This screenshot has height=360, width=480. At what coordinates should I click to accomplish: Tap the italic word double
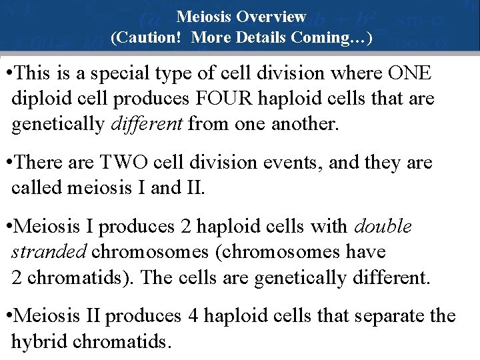coord(383,227)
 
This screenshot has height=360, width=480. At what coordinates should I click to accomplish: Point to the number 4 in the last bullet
coord(192,315)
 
